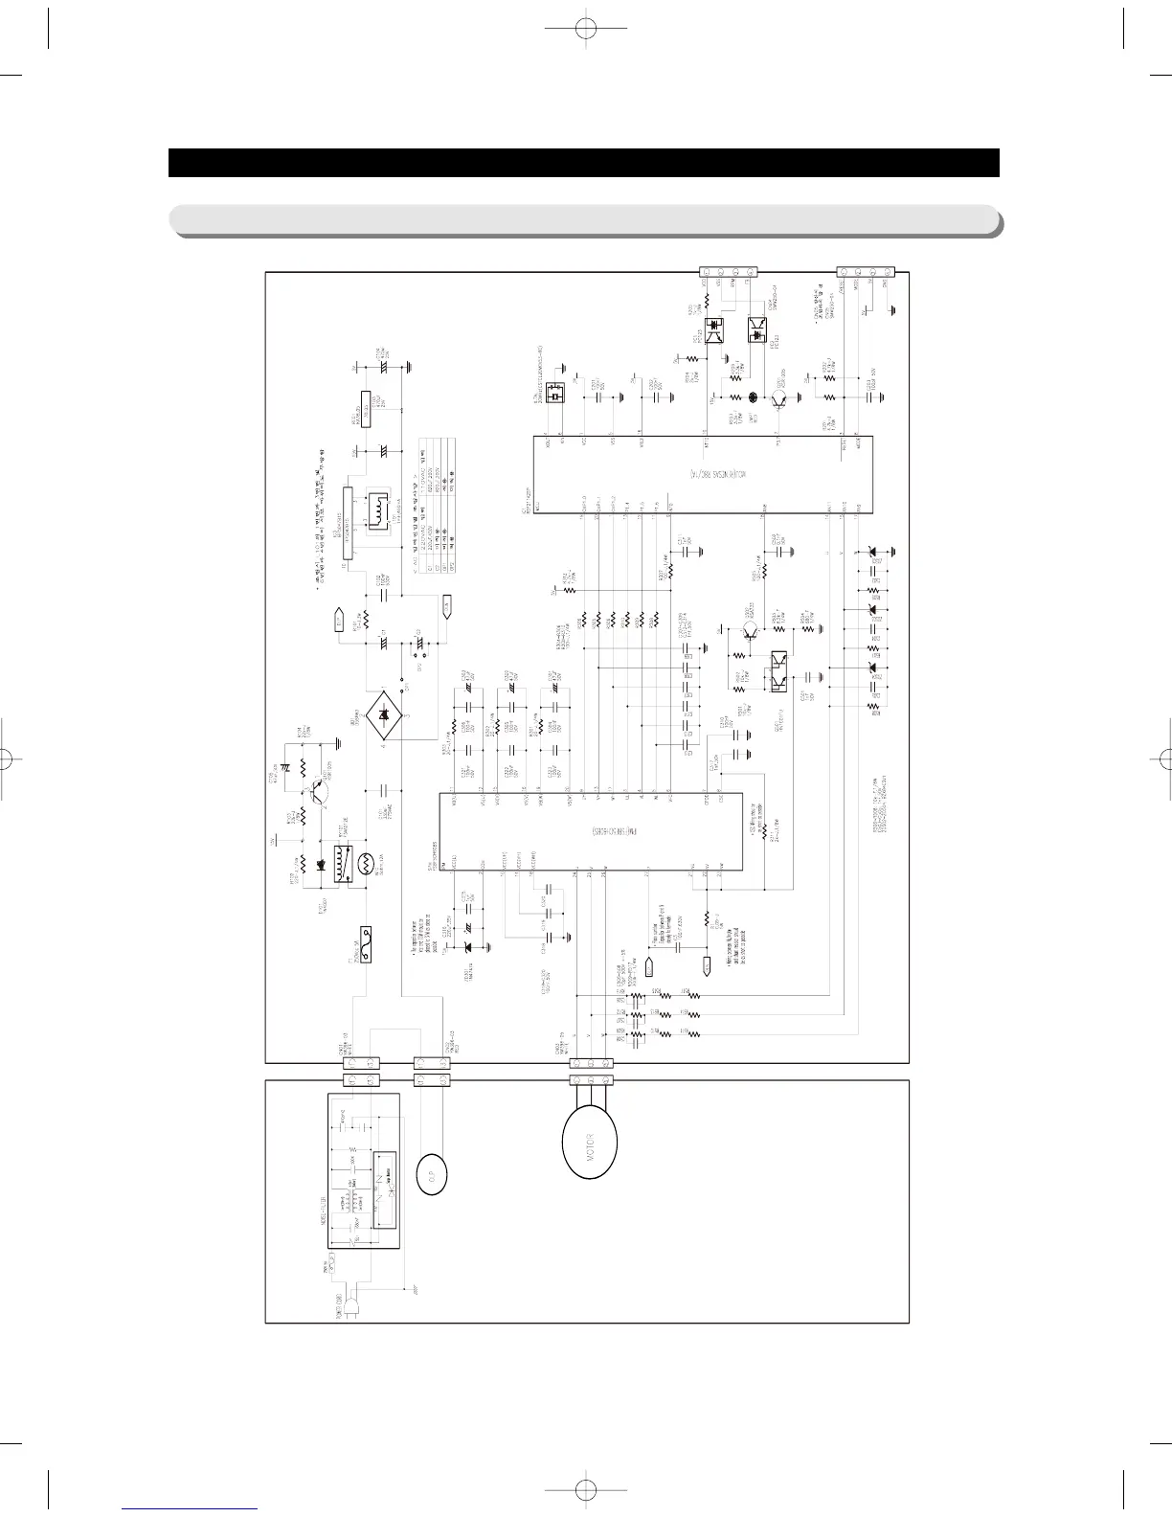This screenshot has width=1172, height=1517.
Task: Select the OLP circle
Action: pyautogui.click(x=432, y=1172)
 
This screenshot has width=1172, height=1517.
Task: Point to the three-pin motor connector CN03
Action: pyautogui.click(x=591, y=1063)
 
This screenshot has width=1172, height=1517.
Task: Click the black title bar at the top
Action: pyautogui.click(x=584, y=163)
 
